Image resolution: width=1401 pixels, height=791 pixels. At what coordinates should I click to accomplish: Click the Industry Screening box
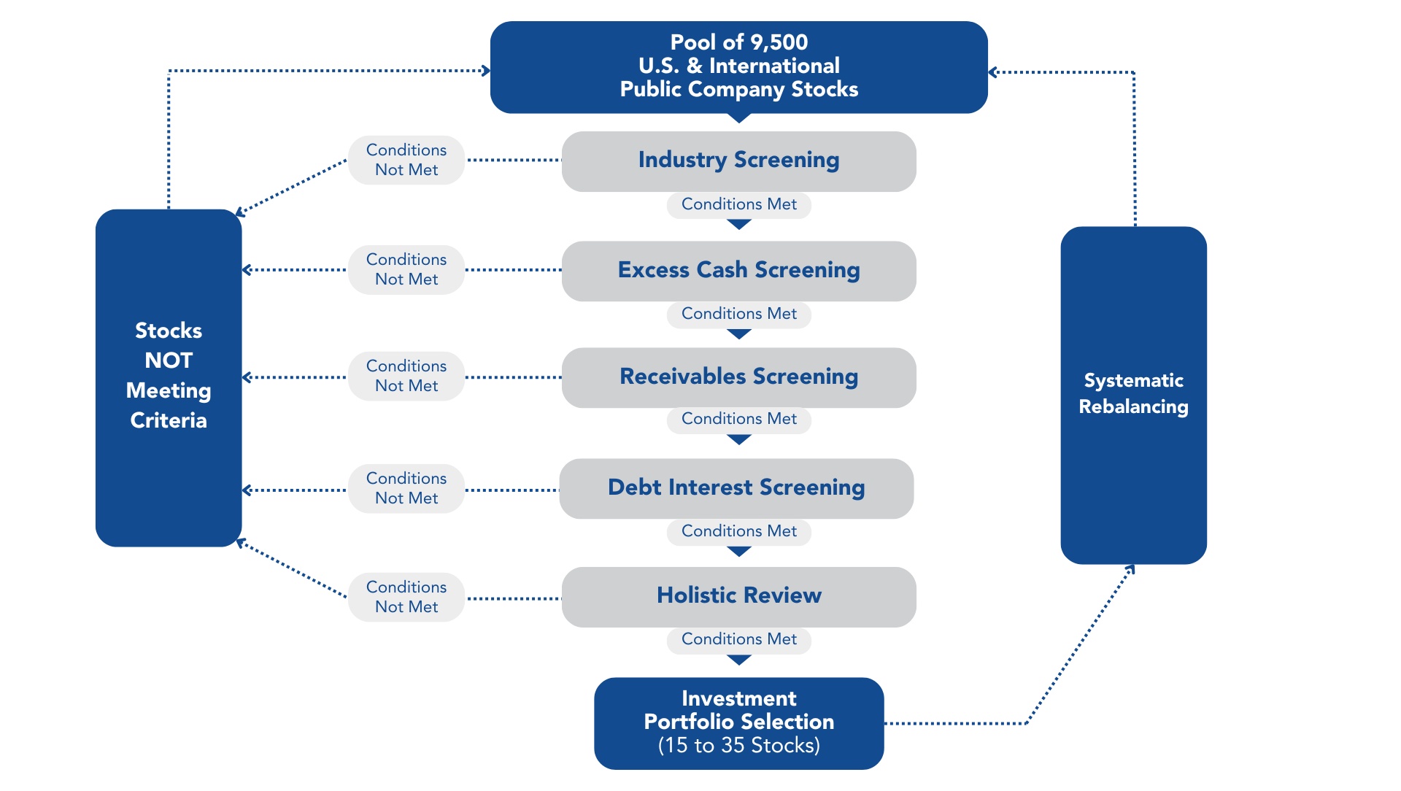pyautogui.click(x=738, y=161)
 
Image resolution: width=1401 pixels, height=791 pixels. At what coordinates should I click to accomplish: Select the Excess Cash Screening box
pyautogui.click(x=738, y=270)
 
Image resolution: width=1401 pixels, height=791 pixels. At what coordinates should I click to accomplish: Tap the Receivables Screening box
pyautogui.click(x=738, y=377)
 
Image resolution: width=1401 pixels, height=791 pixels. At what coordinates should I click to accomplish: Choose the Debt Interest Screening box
pyautogui.click(x=736, y=487)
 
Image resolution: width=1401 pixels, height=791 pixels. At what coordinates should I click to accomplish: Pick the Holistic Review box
pyautogui.click(x=738, y=596)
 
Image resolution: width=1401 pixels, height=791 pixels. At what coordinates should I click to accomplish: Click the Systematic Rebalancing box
pyautogui.click(x=1133, y=394)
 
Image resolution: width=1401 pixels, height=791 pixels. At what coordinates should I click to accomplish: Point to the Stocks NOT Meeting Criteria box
pyautogui.click(x=169, y=377)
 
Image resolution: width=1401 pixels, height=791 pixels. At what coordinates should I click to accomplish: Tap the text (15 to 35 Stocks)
pyautogui.click(x=738, y=746)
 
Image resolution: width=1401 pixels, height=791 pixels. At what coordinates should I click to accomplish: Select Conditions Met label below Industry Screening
pyautogui.click(x=738, y=204)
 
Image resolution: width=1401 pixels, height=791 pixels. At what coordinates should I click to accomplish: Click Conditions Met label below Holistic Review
pyautogui.click(x=738, y=639)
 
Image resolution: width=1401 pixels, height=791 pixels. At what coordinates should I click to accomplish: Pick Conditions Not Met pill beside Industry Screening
pyautogui.click(x=406, y=160)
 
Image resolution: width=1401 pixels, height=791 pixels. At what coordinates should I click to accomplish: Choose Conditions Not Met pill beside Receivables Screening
pyautogui.click(x=406, y=376)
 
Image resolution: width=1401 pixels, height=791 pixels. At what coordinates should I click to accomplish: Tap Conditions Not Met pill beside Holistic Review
pyautogui.click(x=406, y=597)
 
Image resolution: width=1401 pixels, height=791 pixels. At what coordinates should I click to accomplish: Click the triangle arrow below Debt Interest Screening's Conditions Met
pyautogui.click(x=739, y=552)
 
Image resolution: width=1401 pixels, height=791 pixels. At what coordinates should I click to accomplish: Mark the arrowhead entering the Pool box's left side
pyautogui.click(x=485, y=71)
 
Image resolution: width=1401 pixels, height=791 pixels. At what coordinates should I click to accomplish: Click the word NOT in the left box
pyautogui.click(x=169, y=360)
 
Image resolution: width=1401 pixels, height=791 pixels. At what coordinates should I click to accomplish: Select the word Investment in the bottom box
pyautogui.click(x=738, y=698)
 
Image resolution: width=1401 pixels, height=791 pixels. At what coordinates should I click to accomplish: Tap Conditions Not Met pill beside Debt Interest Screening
pyautogui.click(x=406, y=488)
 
